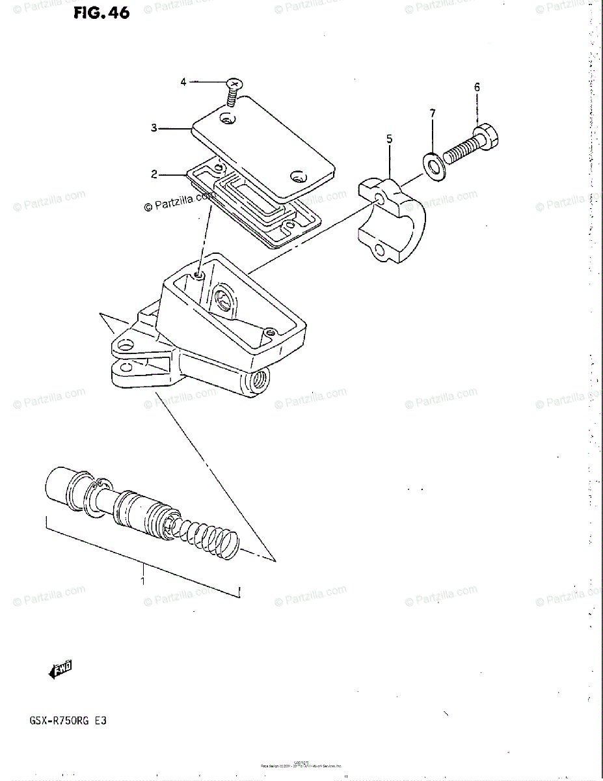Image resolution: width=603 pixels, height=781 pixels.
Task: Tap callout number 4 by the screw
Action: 183,82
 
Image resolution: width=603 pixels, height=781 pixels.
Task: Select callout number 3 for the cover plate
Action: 154,128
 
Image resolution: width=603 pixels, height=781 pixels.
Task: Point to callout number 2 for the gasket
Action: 154,174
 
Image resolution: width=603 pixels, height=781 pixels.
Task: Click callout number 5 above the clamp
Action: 389,139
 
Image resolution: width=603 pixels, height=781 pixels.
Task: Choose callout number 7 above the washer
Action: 432,115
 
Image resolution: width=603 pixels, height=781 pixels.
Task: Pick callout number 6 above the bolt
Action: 477,87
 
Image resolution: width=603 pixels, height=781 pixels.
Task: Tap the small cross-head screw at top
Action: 233,90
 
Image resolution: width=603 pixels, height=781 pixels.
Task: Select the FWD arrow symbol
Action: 60,670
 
